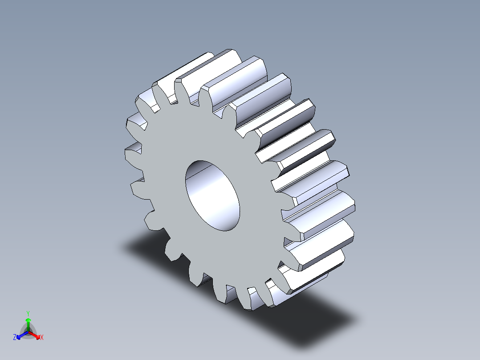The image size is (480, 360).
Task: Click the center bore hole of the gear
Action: [x=212, y=196]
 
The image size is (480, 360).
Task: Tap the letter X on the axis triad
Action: [x=42, y=337]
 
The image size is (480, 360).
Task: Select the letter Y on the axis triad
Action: [x=28, y=313]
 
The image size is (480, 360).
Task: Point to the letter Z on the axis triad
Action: [x=15, y=337]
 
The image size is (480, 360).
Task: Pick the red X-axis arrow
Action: [x=35, y=334]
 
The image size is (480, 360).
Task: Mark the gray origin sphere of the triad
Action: [x=28, y=331]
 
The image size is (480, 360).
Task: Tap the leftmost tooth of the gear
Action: [x=132, y=151]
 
